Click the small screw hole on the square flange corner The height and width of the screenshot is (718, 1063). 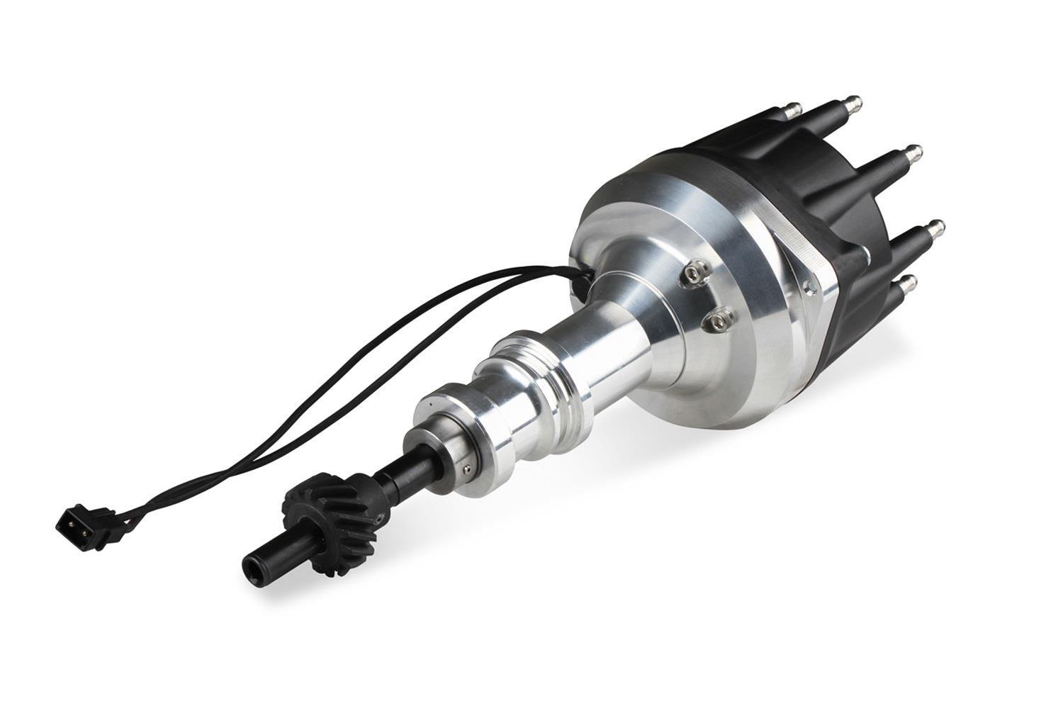pos(807,286)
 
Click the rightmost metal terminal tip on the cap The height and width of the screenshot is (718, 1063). pos(938,227)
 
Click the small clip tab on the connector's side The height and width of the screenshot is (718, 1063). pos(106,512)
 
